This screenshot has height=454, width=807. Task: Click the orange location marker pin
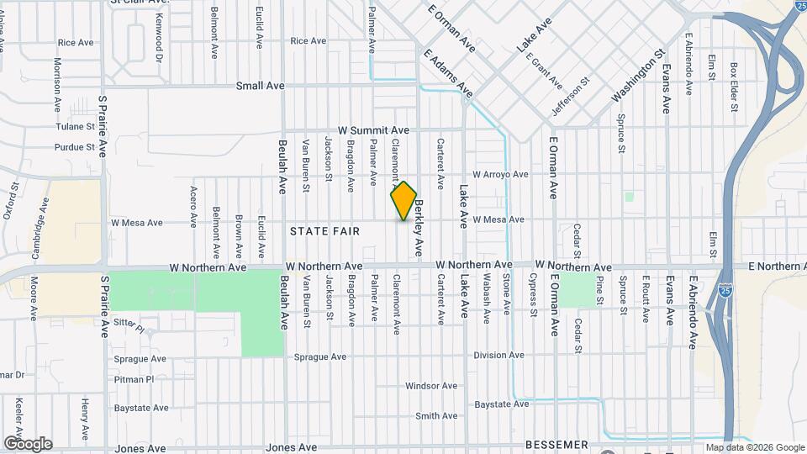pos(403,201)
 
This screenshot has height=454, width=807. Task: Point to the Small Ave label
pos(260,86)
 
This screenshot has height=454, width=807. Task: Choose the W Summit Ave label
pos(373,130)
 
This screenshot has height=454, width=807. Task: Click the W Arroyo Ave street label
pos(500,175)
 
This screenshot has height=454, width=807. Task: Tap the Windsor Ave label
pos(431,386)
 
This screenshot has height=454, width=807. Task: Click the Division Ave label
pos(499,356)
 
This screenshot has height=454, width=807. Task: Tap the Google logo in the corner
pos(27,444)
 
